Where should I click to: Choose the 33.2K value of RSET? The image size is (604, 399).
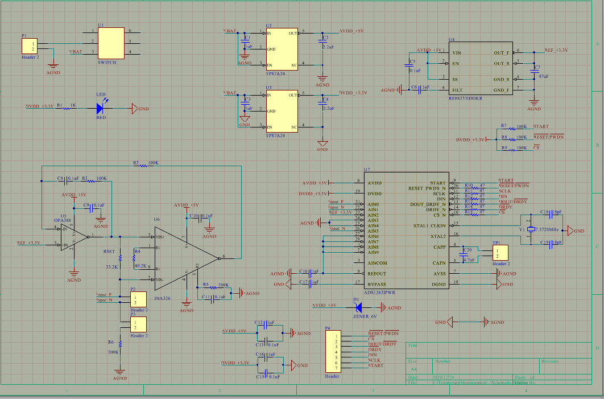(x=111, y=266)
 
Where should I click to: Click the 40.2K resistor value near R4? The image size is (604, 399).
(x=140, y=265)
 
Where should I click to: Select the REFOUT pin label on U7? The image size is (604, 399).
(x=379, y=273)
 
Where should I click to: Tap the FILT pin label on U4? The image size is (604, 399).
(x=456, y=89)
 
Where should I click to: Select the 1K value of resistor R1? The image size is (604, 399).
(x=73, y=105)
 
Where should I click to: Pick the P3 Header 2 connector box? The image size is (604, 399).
(x=137, y=325)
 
